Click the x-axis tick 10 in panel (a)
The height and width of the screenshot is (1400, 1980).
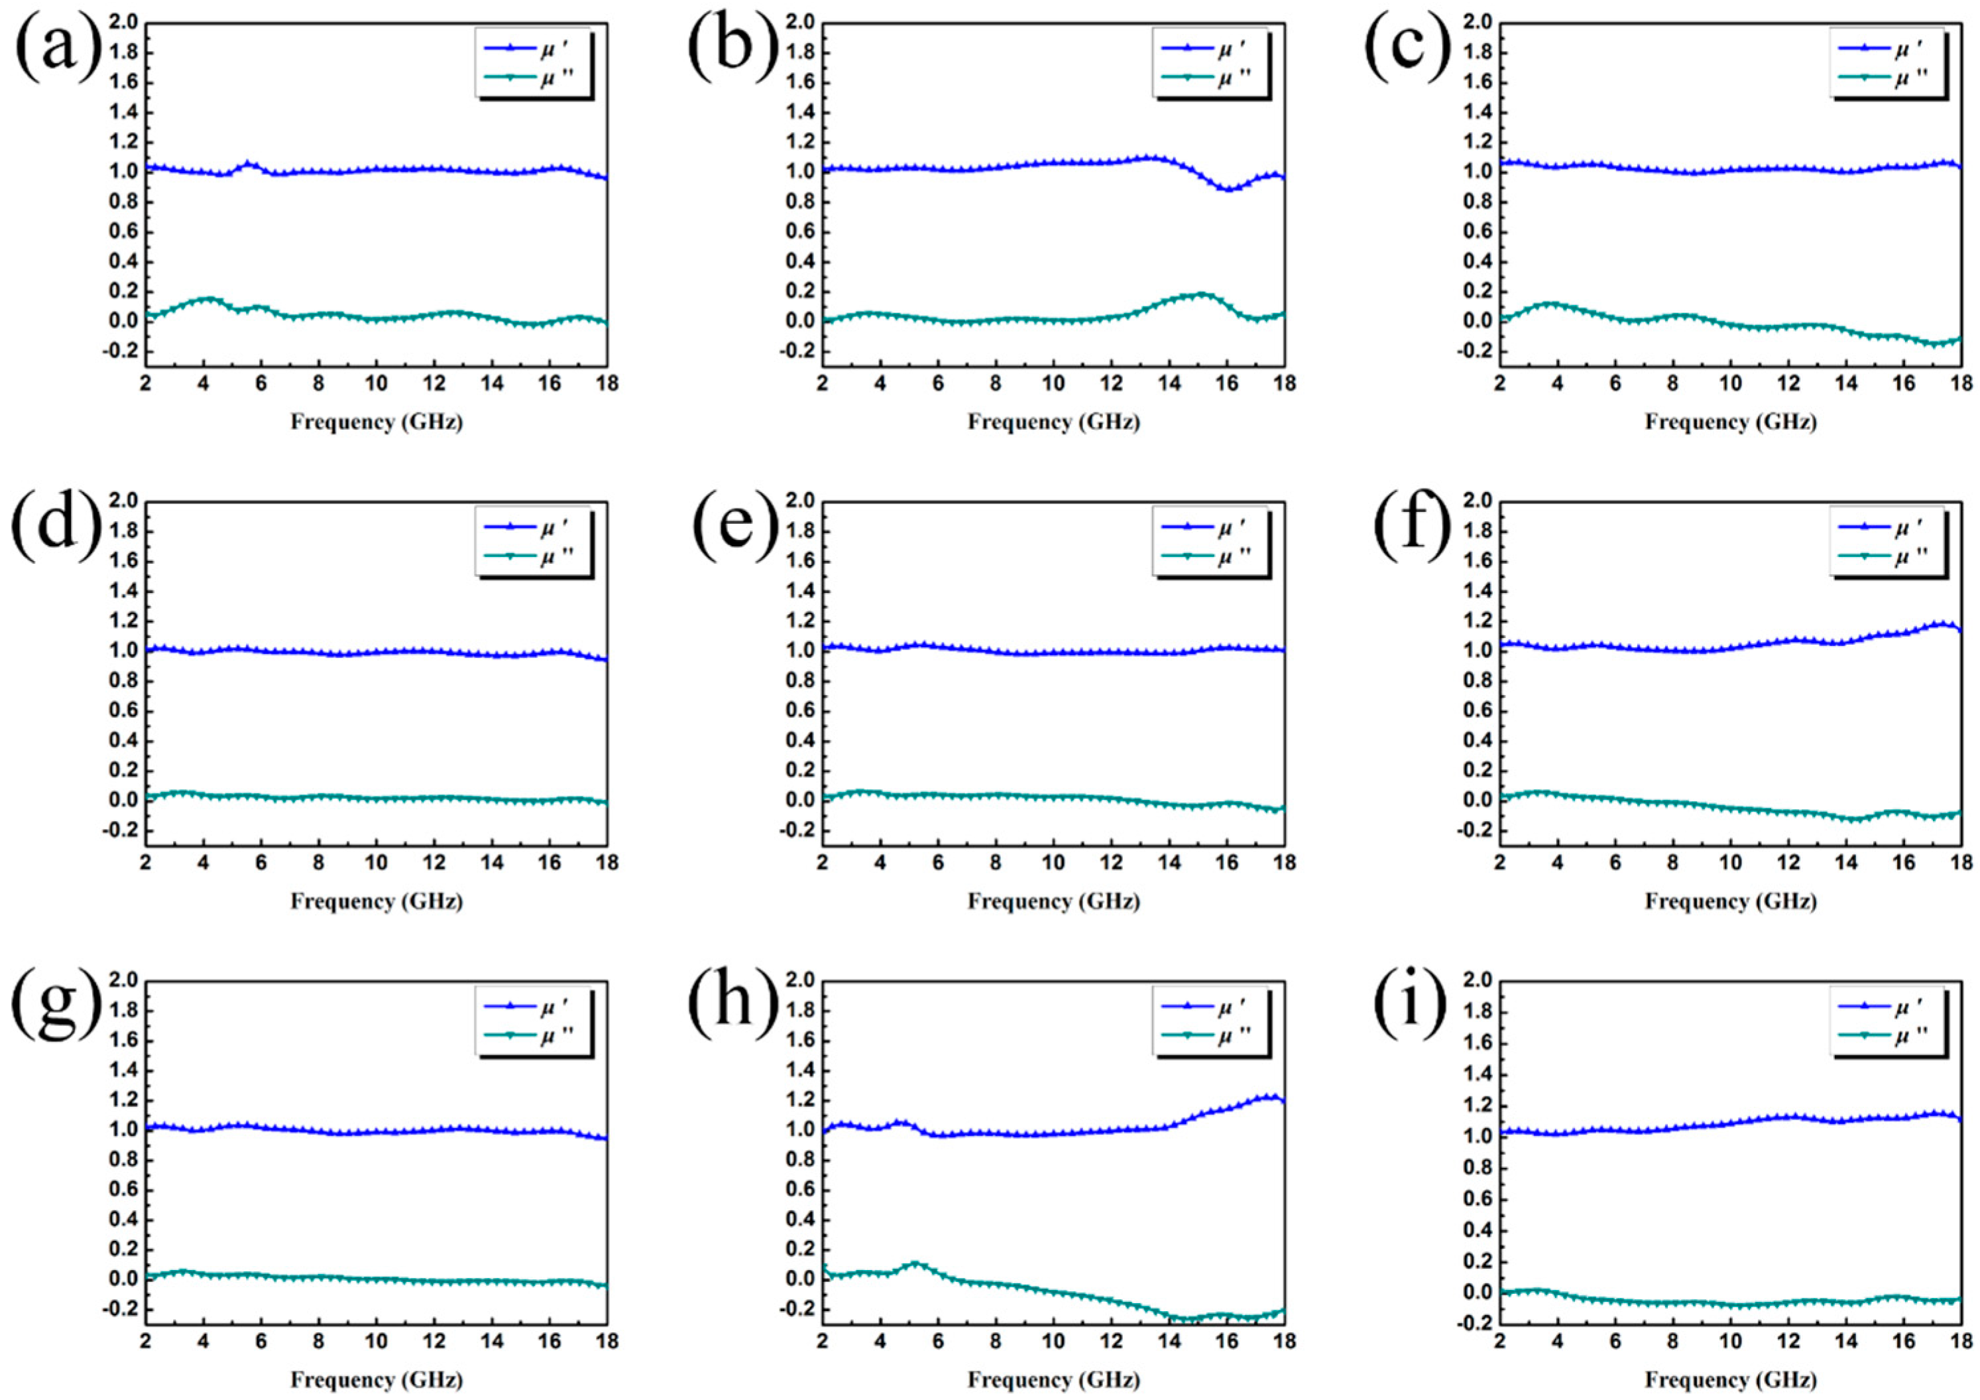(376, 382)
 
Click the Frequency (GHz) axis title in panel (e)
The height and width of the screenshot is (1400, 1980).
(1053, 901)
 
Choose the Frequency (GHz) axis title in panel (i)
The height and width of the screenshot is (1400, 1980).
(1730, 1380)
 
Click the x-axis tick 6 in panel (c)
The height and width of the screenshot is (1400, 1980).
(1614, 382)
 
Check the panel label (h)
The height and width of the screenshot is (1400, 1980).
(732, 1006)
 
